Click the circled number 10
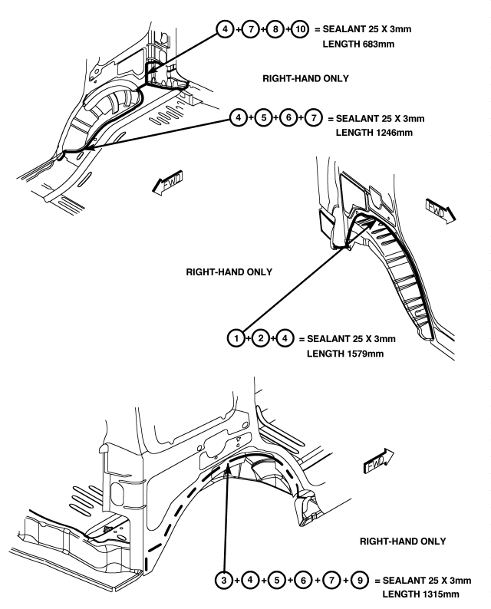pyautogui.click(x=300, y=29)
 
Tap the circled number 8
pyautogui.click(x=275, y=29)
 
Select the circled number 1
pyautogui.click(x=236, y=338)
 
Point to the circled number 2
pyautogui.click(x=261, y=338)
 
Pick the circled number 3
pyautogui.click(x=224, y=581)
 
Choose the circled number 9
pyautogui.click(x=360, y=581)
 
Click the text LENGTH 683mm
pyautogui.click(x=358, y=44)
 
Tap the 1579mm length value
pyautogui.click(x=364, y=354)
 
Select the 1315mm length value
pyautogui.click(x=440, y=594)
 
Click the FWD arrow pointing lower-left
pyautogui.click(x=167, y=182)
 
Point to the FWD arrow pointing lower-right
pyautogui.click(x=440, y=210)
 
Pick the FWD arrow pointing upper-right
pyautogui.click(x=378, y=461)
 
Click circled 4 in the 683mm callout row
pyautogui.click(x=226, y=29)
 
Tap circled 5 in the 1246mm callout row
pyautogui.click(x=263, y=117)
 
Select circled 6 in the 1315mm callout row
pyautogui.click(x=303, y=581)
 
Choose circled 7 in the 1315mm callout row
pyautogui.click(x=331, y=581)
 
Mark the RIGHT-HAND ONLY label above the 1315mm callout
pyautogui.click(x=403, y=542)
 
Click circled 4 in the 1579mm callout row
pyautogui.click(x=285, y=338)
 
